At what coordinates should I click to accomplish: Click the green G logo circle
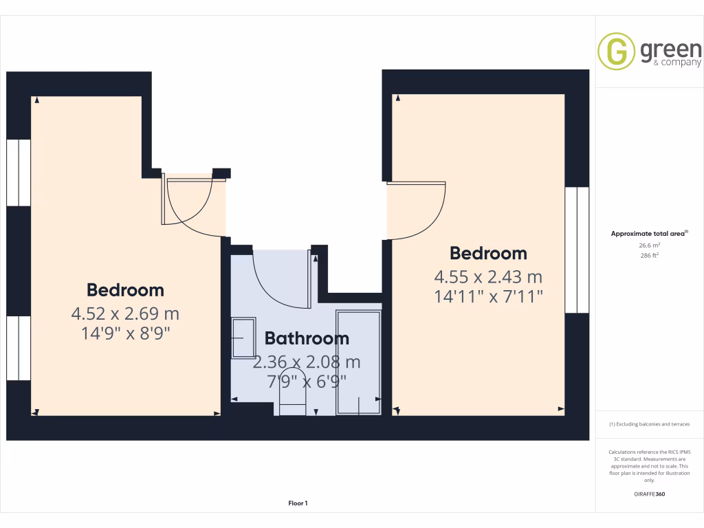coord(615,52)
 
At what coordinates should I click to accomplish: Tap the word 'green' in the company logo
coord(670,49)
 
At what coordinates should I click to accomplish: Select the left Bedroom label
coord(125,289)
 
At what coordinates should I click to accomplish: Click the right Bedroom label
coord(488,253)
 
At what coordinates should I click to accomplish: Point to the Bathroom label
coord(307,338)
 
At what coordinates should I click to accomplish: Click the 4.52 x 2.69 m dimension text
coord(125,314)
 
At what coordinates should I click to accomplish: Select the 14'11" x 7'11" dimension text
coord(488,296)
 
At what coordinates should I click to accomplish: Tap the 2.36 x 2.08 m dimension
coord(307,362)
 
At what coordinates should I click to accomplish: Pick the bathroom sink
coord(243,338)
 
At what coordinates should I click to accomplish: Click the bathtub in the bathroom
coord(358,362)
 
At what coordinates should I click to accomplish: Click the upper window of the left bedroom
coord(19,172)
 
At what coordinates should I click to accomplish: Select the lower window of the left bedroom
coord(19,348)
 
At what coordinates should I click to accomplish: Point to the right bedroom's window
coord(577,250)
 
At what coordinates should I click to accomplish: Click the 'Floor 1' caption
coord(298,503)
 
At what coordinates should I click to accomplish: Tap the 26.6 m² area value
coord(650,245)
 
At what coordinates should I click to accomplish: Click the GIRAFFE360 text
coord(650,494)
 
